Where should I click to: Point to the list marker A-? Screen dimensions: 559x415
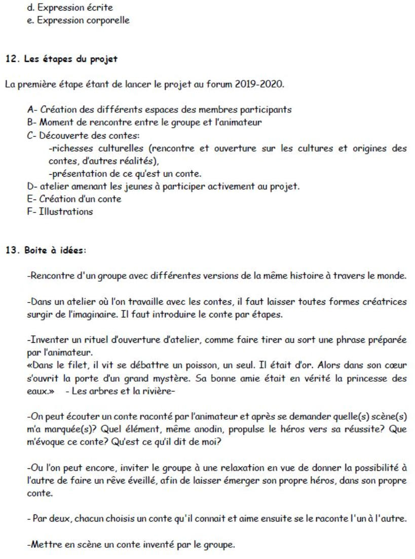coord(31,110)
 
